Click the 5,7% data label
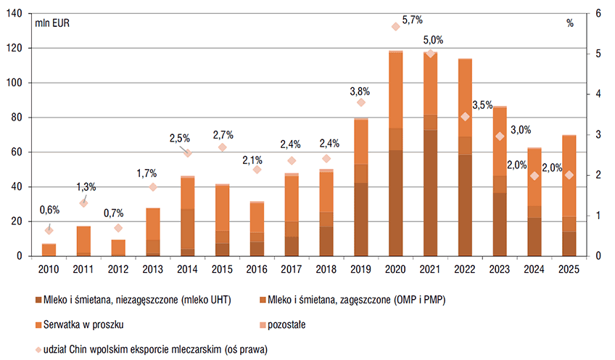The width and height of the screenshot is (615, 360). click(413, 20)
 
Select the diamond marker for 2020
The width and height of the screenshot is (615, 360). click(395, 26)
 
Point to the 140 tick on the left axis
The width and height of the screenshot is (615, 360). click(16, 14)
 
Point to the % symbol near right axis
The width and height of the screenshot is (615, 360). click(570, 22)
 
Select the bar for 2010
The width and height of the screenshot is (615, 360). click(49, 250)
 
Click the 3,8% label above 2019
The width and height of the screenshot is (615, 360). click(360, 91)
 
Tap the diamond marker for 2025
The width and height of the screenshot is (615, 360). click(569, 175)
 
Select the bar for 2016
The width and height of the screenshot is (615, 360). click(257, 229)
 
